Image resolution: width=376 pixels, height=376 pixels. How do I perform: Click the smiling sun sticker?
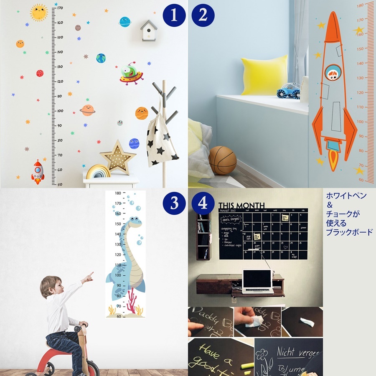tap(39, 13)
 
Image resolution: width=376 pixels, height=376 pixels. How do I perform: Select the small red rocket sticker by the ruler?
tap(38, 171)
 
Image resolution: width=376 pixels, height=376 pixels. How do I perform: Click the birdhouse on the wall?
tap(149, 30)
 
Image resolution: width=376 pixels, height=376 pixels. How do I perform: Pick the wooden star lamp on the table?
tap(117, 158)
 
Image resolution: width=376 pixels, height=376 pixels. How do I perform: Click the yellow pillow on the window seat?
tap(264, 75)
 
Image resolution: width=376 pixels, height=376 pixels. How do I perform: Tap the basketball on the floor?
tap(223, 160)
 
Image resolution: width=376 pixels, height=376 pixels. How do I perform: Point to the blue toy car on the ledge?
tap(288, 91)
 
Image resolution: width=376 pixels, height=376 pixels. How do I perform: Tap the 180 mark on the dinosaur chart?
tap(118, 193)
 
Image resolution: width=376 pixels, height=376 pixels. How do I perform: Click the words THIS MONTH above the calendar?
tap(241, 205)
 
